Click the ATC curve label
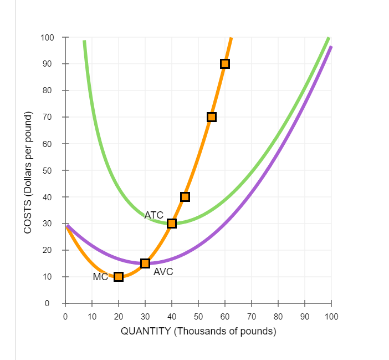coord(153,215)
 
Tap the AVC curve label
coord(163,272)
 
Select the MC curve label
coord(100,277)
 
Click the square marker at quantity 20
coord(119,277)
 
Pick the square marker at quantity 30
coord(145,263)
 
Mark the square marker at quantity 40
coord(172,224)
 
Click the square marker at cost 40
coord(185,197)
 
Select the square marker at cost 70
coord(212,117)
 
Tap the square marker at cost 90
coord(225,64)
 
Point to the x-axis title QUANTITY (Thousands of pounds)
coord(198,332)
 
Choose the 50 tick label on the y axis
coord(49,170)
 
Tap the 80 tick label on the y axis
coord(49,90)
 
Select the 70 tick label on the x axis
coord(252,316)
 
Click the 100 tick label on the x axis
coord(331,316)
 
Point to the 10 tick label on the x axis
coord(92,316)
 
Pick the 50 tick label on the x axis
coord(198,316)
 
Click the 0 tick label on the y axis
coord(51,303)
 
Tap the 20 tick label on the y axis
coord(49,250)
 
